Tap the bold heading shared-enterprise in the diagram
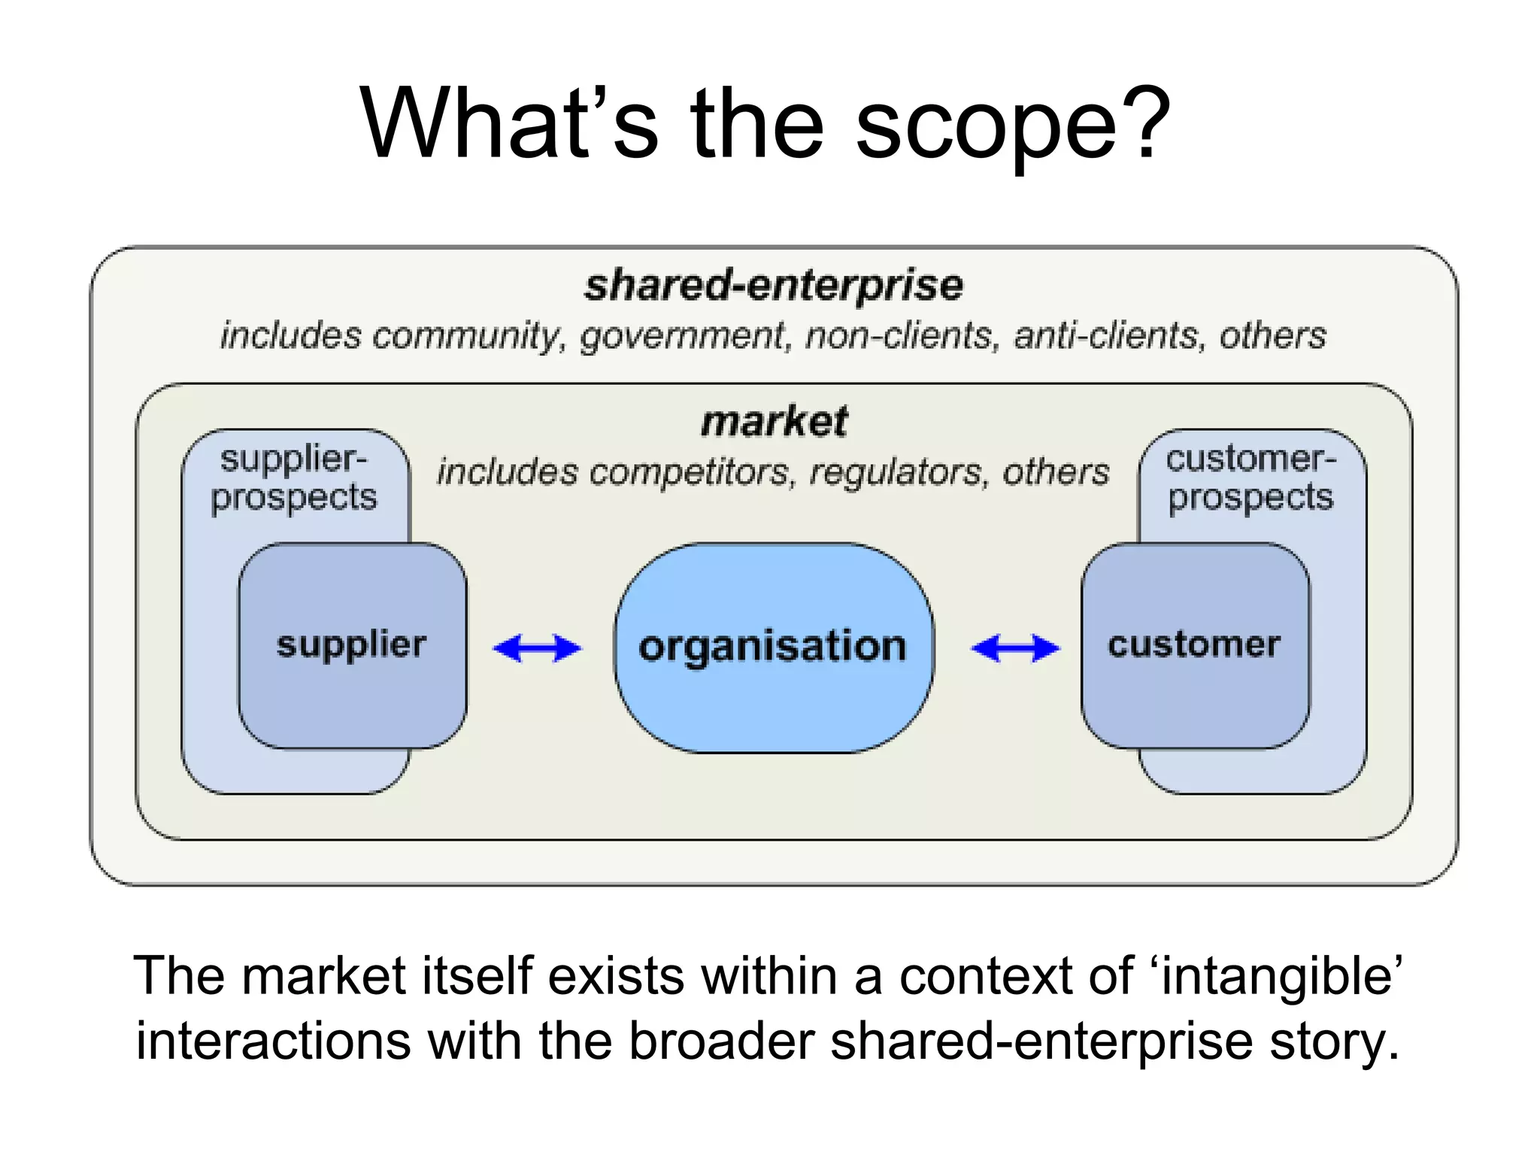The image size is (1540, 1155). tap(774, 286)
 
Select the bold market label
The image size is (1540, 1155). tap(774, 421)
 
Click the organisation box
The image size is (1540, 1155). tap(774, 647)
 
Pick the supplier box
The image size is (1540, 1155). tap(352, 645)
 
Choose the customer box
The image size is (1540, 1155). tap(1194, 645)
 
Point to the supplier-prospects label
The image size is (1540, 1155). tap(294, 478)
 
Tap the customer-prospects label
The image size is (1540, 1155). tap(1250, 478)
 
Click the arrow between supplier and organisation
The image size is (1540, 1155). tap(537, 648)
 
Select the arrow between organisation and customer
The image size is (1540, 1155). tap(1015, 648)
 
